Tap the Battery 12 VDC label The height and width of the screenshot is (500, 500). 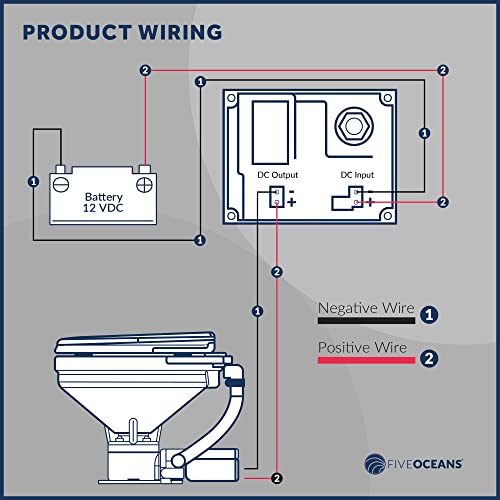pyautogui.click(x=104, y=203)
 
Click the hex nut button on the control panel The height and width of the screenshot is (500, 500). pyautogui.click(x=351, y=126)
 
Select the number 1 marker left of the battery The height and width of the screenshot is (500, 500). pyautogui.click(x=33, y=182)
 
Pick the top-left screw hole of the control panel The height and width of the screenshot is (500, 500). pyautogui.click(x=231, y=100)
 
